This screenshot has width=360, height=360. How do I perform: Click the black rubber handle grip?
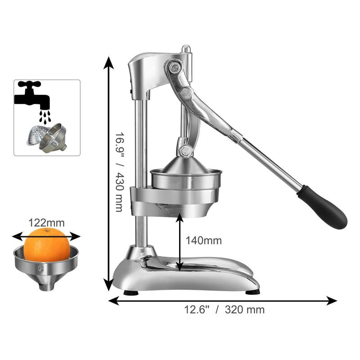click(323, 207)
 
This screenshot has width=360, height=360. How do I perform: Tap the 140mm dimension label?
click(204, 241)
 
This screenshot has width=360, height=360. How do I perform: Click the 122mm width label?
click(46, 223)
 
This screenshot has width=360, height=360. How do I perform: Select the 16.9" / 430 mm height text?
click(119, 172)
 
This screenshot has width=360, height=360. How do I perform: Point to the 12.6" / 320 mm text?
click(224, 310)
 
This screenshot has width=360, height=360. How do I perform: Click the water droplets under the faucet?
click(45, 117)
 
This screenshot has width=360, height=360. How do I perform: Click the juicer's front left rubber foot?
click(131, 293)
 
